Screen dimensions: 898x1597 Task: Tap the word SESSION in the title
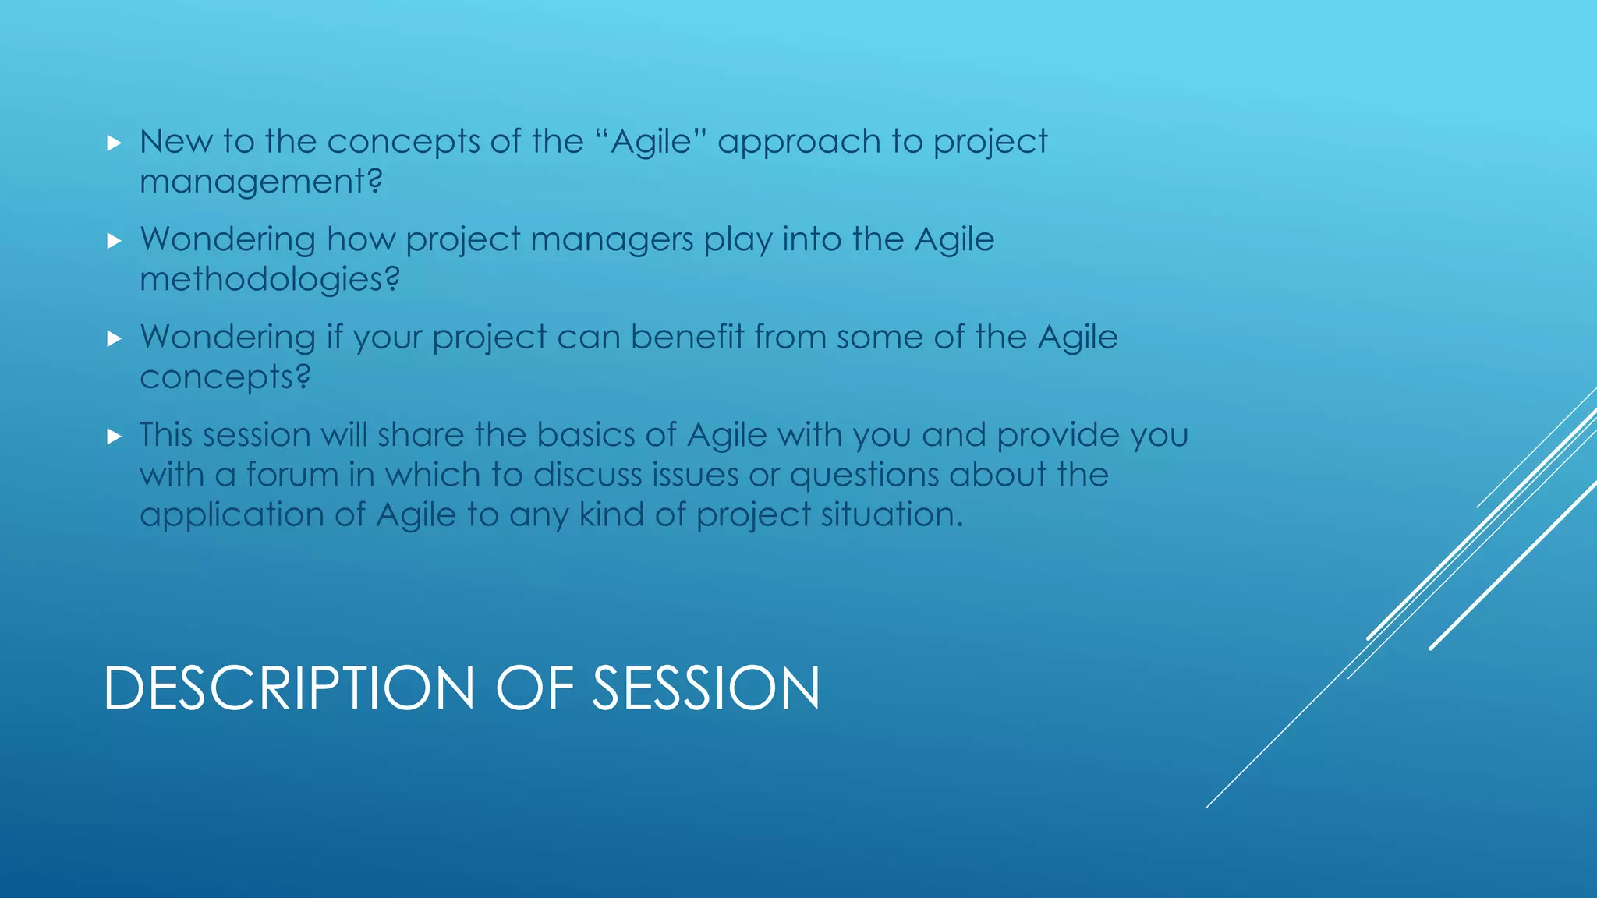(x=706, y=688)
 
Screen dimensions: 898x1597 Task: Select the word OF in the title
(x=535, y=688)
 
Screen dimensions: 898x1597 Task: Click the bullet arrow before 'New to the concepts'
(x=115, y=143)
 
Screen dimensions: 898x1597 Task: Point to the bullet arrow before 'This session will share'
(x=115, y=437)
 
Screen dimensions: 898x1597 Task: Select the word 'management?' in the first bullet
(x=261, y=182)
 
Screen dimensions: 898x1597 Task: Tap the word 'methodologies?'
(x=270, y=280)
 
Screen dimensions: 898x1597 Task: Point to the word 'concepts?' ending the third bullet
(x=225, y=378)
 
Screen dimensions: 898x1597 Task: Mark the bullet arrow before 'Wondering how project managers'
(x=115, y=241)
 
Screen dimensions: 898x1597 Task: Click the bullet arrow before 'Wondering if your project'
(x=115, y=339)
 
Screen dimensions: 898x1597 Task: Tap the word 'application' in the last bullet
(x=232, y=516)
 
